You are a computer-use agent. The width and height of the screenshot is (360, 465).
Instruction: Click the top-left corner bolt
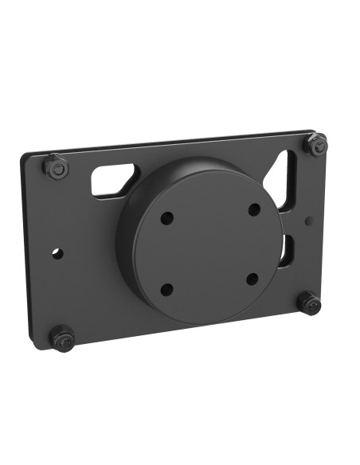click(55, 167)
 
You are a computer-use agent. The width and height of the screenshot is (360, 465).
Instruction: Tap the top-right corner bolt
click(317, 145)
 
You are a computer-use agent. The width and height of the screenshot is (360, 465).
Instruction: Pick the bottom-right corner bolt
click(309, 303)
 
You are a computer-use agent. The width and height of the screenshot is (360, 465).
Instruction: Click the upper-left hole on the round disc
click(166, 217)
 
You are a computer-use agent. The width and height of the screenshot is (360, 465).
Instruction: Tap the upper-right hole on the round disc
click(254, 209)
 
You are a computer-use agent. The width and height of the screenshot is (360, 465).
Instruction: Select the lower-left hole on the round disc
click(167, 289)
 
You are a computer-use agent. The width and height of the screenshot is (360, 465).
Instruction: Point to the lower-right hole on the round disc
click(252, 279)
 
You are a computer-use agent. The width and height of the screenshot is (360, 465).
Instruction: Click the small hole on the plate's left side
click(57, 253)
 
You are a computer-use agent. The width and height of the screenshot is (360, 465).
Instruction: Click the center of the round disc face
click(209, 248)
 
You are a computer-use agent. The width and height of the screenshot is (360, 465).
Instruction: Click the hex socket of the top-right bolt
click(318, 144)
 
